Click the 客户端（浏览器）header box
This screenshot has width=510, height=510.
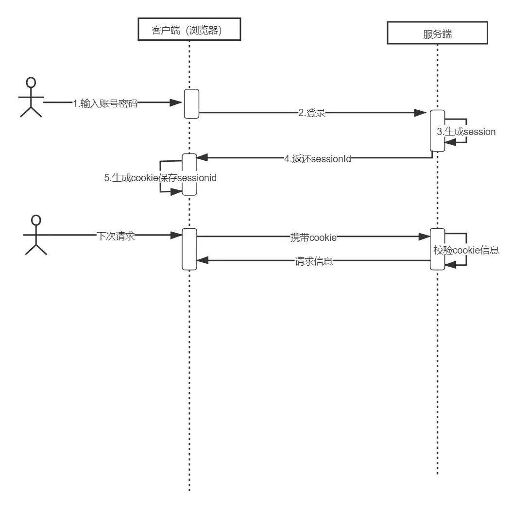[x=189, y=29]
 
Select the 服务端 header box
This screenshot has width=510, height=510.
[x=438, y=33]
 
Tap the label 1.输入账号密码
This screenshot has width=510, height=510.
[x=105, y=103]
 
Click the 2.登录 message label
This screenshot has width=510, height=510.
[x=312, y=113]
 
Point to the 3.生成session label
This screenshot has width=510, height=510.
[x=466, y=132]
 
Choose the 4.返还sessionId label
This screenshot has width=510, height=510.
[x=318, y=159]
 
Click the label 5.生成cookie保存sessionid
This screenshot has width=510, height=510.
[x=160, y=178]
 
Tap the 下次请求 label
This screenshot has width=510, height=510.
[x=116, y=236]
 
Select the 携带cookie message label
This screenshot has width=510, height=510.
[x=313, y=238]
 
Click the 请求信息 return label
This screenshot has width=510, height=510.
[x=314, y=261]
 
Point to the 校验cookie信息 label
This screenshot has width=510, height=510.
[x=466, y=250]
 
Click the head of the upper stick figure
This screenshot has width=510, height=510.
[x=31, y=82]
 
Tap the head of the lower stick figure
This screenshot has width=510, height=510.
[x=36, y=220]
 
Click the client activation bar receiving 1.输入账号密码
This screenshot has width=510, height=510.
[x=191, y=104]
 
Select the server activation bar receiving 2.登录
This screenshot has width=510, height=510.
[x=438, y=131]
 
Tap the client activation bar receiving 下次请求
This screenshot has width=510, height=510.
[x=189, y=249]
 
